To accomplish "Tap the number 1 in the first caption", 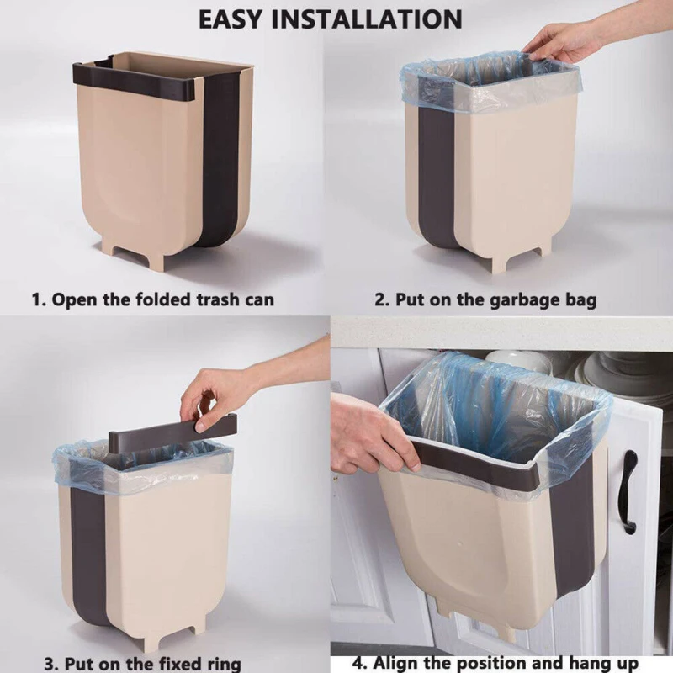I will (36, 299).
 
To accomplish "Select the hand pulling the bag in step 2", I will (559, 38).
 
